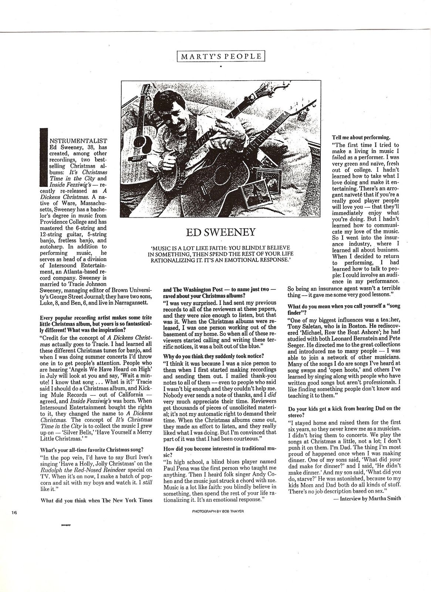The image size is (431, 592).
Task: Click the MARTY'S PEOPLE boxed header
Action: tap(221, 57)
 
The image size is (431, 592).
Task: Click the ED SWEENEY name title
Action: tap(216, 232)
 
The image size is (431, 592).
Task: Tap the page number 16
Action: tap(14, 513)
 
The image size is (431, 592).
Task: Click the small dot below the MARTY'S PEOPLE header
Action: tap(221, 67)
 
